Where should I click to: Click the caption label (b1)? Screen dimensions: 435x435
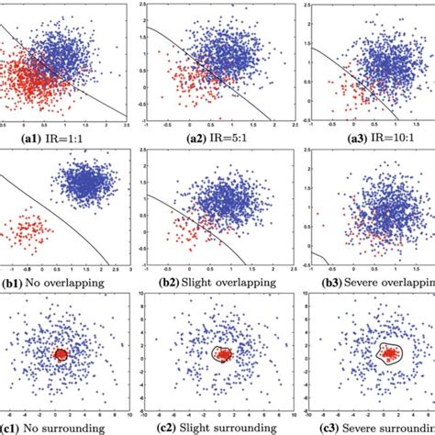[16, 283]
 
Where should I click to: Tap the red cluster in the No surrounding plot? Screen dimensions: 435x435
[61, 355]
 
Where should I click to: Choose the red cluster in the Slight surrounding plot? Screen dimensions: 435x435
[223, 354]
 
